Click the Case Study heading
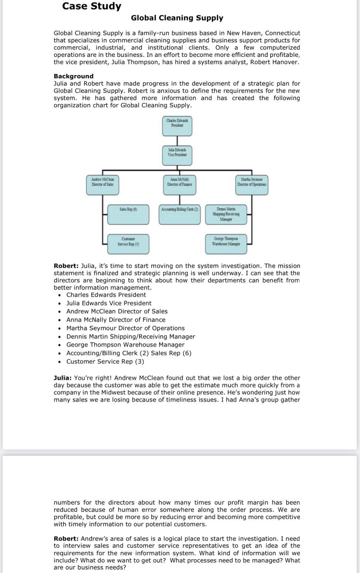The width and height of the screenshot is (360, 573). [92, 6]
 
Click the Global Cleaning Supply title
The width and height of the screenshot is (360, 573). [177, 18]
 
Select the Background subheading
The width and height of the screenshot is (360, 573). [73, 76]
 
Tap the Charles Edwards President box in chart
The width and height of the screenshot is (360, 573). [177, 126]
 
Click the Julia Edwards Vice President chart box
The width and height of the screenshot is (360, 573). [177, 155]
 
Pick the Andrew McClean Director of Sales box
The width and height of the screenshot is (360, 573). [102, 185]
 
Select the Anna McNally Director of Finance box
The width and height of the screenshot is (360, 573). [179, 185]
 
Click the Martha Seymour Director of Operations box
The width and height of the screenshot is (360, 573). [251, 185]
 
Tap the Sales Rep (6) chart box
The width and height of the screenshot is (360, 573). [128, 215]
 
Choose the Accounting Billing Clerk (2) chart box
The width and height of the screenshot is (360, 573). [179, 215]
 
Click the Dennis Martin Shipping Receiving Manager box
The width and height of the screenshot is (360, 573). [226, 215]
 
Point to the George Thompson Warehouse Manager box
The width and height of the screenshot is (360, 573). [226, 244]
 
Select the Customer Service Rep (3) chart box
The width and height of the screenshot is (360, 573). [128, 244]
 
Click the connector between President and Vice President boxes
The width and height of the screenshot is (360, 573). [177, 140]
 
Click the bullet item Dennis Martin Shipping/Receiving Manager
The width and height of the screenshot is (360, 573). [130, 337]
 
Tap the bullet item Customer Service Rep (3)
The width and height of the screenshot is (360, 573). [105, 361]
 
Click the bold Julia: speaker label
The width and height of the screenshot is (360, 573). [63, 378]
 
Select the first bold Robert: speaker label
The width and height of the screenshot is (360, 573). [66, 266]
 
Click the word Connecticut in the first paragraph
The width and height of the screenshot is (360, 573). [282, 33]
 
